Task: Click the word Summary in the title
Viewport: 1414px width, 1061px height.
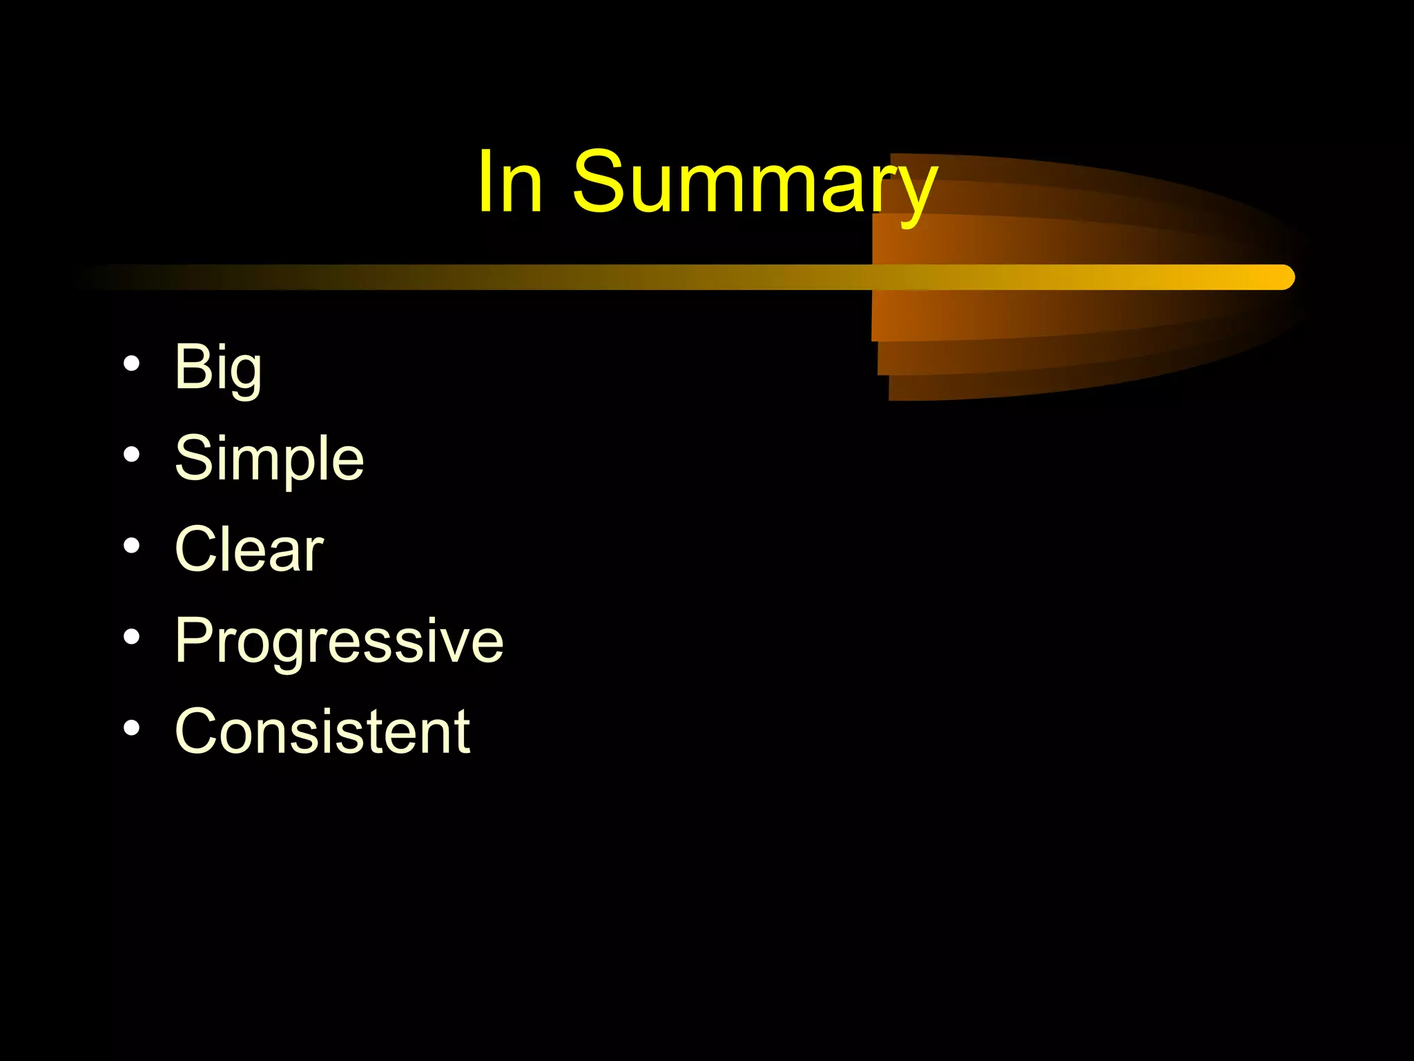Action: point(754,183)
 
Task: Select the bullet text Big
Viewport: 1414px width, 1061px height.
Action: point(218,367)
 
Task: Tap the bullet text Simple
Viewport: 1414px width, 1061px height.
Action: point(269,459)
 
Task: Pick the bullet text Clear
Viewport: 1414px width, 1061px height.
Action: point(249,550)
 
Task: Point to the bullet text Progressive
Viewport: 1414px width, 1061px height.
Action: point(339,641)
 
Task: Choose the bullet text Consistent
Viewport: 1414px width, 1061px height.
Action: point(322,732)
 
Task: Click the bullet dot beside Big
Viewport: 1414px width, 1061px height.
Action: point(132,363)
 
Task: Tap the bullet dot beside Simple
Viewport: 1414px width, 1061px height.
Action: point(132,455)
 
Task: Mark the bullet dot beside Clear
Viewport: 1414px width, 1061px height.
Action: point(132,546)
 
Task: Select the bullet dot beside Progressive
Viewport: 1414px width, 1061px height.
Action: point(132,637)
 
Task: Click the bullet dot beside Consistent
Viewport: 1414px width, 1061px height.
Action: point(132,728)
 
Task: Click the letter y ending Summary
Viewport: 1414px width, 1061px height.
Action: point(914,193)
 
